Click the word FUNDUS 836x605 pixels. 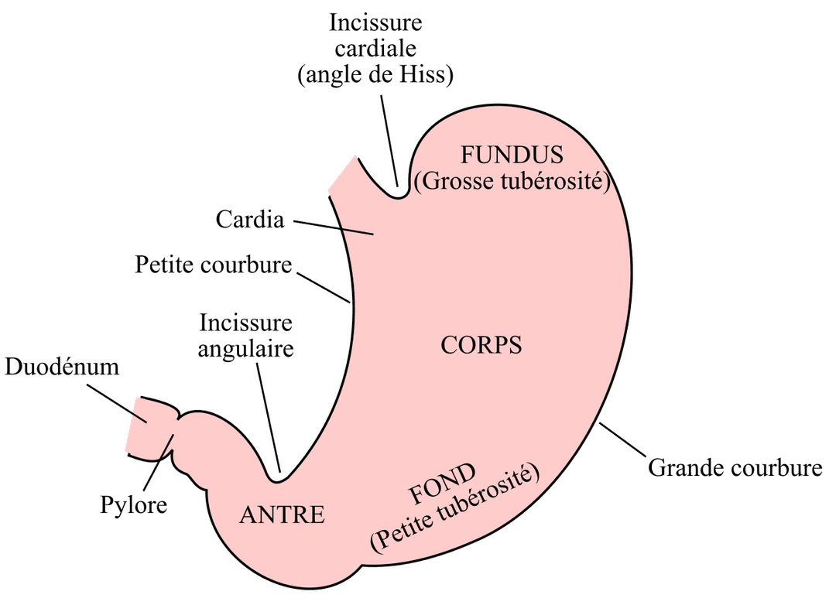tap(512, 155)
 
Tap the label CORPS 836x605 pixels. tap(481, 345)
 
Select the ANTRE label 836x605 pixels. tap(282, 515)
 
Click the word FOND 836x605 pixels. tap(442, 484)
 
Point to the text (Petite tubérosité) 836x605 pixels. tap(455, 510)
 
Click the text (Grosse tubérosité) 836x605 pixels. tap(512, 181)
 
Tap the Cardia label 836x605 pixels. tap(250, 219)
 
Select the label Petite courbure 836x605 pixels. tap(214, 265)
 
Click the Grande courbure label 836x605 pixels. tap(735, 467)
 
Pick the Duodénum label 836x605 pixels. tap(62, 367)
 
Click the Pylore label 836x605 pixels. tap(134, 504)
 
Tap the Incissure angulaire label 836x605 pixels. tap(246, 336)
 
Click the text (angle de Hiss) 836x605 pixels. tap(375, 74)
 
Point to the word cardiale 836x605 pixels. tap(375, 49)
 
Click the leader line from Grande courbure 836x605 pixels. tap(622, 439)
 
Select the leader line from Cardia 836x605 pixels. tap(333, 227)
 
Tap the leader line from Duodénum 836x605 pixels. tap(116, 402)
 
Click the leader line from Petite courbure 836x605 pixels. tap(323, 288)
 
